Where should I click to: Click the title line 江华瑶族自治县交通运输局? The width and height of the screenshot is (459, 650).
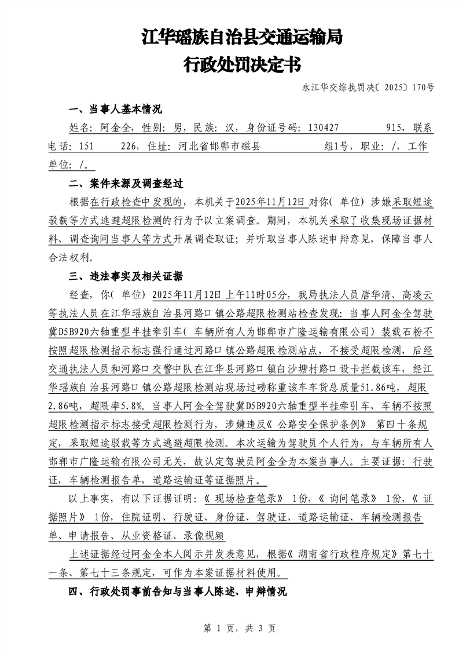(242, 38)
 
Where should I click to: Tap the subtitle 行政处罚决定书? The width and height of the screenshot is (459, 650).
(242, 65)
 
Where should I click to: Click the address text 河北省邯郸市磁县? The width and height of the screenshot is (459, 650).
(216, 147)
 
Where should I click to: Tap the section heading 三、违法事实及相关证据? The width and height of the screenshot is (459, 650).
(126, 275)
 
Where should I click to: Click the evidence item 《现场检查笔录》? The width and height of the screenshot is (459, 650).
(247, 499)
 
